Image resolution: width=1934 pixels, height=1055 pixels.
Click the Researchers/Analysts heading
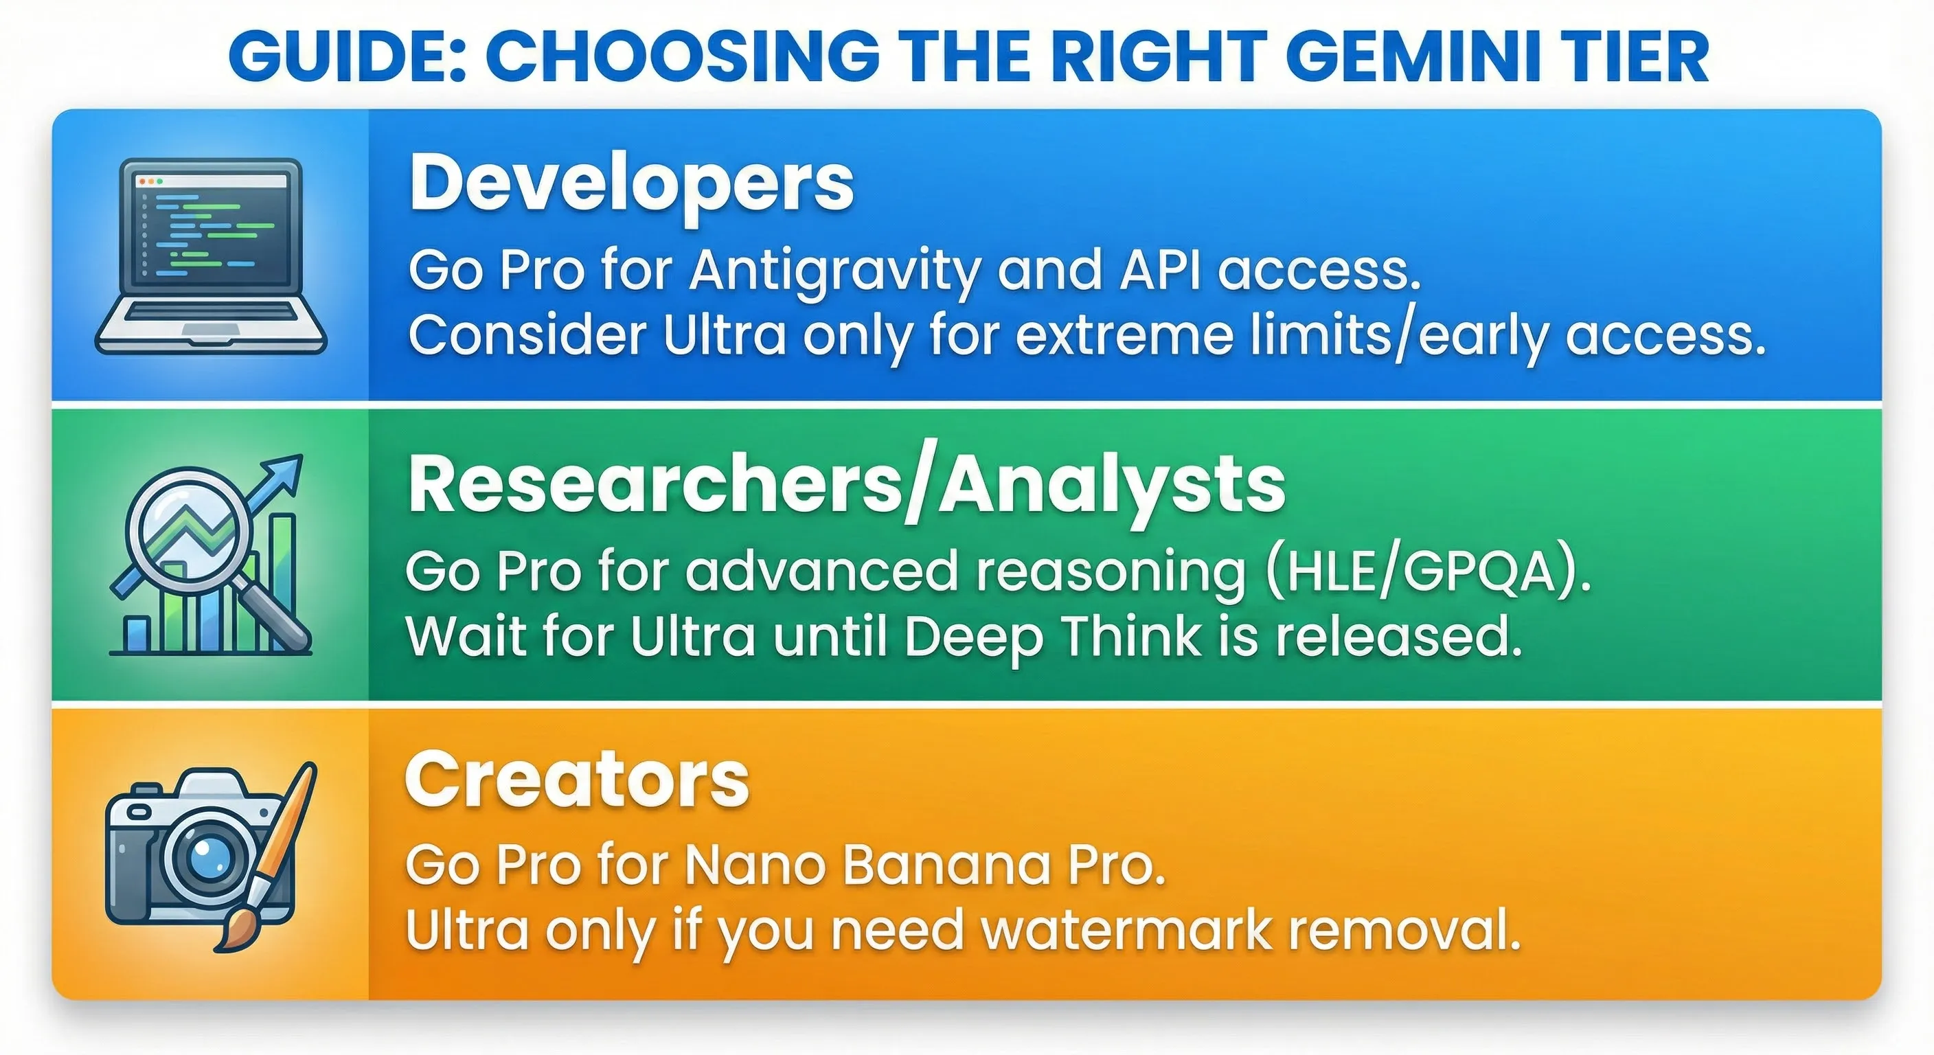pos(846,486)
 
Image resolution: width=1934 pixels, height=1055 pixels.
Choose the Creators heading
pos(577,781)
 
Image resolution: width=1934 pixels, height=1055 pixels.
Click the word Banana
pos(945,866)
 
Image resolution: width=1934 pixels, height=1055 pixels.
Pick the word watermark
pos(1126,931)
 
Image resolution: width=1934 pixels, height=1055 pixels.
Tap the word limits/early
pos(1400,336)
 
